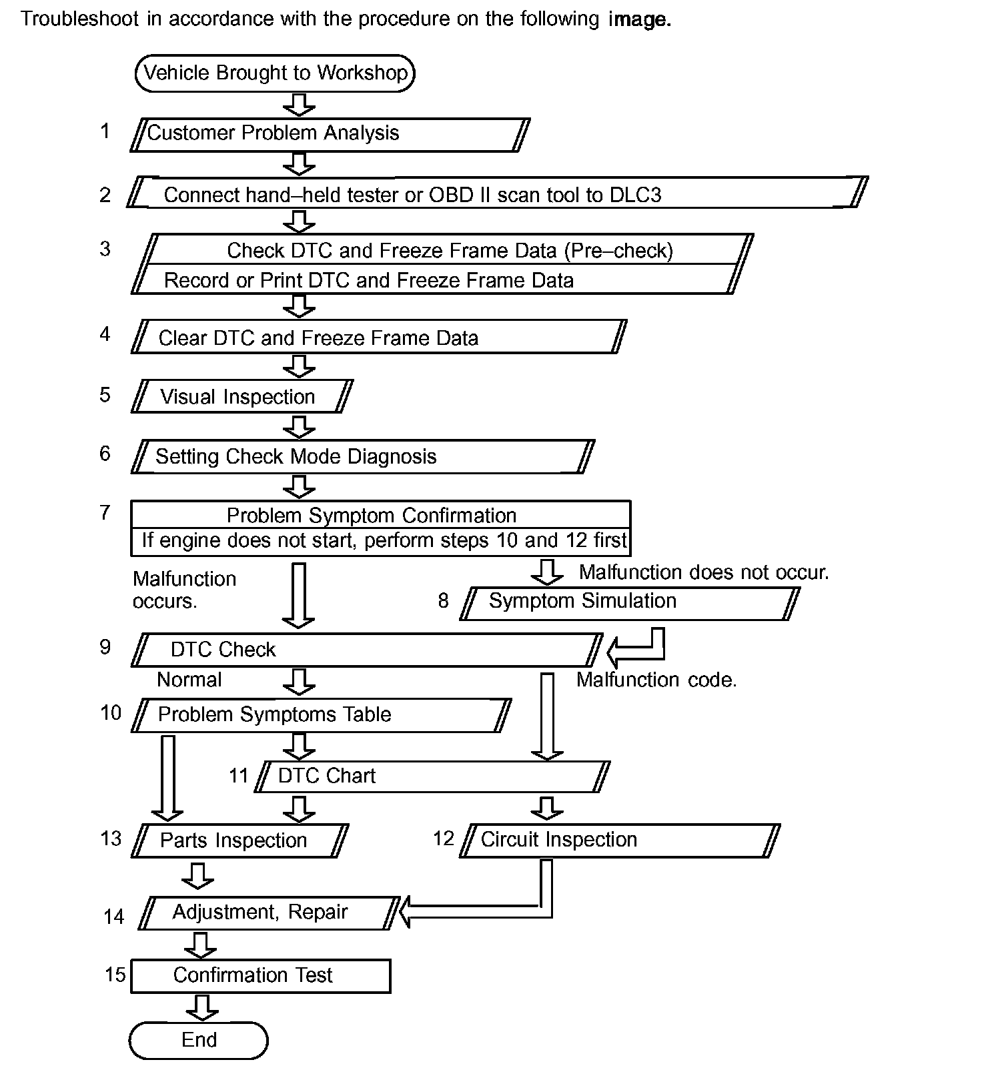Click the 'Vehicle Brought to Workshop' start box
(x=275, y=73)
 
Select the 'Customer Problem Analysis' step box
(x=330, y=134)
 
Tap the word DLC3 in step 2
(x=635, y=195)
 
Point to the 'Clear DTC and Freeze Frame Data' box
(x=378, y=338)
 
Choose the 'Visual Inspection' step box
(x=241, y=397)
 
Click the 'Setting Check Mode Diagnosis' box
(x=362, y=457)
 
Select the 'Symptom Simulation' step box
(x=629, y=602)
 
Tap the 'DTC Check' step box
(x=366, y=650)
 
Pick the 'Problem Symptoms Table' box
(x=322, y=715)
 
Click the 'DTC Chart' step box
(x=432, y=776)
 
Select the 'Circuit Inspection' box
(x=619, y=841)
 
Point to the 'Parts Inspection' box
(x=240, y=841)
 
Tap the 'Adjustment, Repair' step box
(x=269, y=913)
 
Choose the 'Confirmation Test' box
(x=260, y=976)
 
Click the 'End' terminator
(x=198, y=1040)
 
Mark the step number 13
(x=111, y=839)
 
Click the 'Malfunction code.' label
(x=656, y=680)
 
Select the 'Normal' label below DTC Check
(x=189, y=680)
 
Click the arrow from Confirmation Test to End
(x=201, y=1007)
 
